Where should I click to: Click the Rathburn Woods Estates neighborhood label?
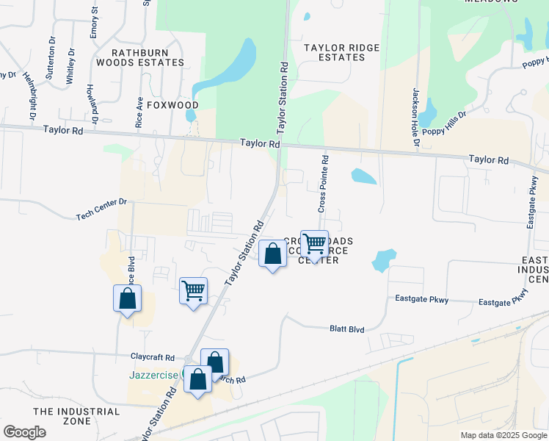148,57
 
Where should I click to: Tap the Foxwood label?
172,105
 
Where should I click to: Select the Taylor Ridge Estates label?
342,53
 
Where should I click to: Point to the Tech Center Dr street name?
101,209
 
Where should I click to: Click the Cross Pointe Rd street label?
323,184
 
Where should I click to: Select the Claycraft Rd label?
152,356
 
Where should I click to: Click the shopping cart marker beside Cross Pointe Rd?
314,244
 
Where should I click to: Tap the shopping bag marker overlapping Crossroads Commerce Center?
272,254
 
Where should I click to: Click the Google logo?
24,432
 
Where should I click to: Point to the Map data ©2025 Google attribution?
503,435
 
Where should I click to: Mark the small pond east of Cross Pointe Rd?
364,176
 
